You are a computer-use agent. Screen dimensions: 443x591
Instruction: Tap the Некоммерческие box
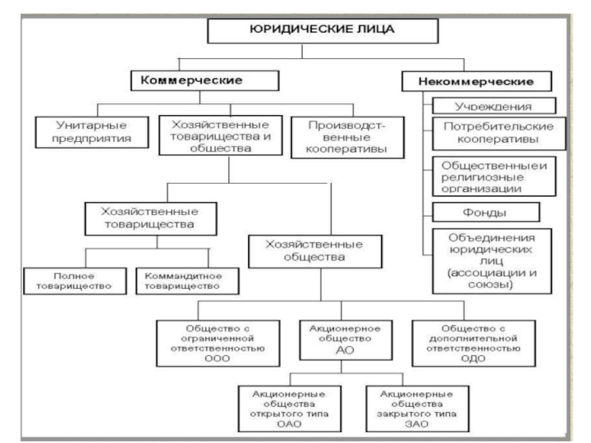pos(477,80)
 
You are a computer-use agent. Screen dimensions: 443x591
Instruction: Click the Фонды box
pos(486,213)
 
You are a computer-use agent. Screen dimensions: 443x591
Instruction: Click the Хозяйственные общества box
pos(315,250)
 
